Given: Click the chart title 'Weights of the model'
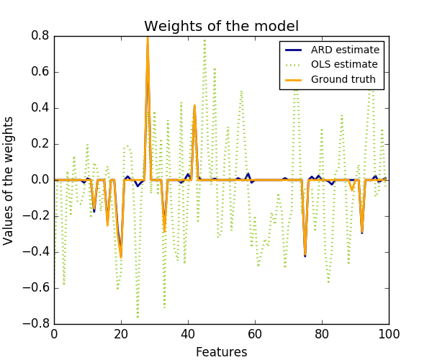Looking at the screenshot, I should (221, 27).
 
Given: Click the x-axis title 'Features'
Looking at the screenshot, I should (221, 352).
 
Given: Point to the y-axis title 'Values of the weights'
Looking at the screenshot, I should (9, 180).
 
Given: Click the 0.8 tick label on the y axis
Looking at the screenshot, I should (40, 36).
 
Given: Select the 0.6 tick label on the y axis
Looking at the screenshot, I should (40, 72).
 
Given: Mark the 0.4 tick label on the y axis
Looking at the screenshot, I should (40, 108).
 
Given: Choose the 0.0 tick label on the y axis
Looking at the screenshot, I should (40, 180).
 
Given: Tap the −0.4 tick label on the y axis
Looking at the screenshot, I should (37, 252).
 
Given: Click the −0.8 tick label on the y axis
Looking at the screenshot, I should (37, 324).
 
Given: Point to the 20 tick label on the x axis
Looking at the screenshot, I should (121, 334).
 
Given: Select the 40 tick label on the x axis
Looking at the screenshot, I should (188, 334).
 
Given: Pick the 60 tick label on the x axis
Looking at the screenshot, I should (255, 334).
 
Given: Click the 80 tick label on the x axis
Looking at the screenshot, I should (322, 334).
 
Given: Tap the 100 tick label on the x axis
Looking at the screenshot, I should (389, 334).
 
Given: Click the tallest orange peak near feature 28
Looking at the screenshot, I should (148, 37).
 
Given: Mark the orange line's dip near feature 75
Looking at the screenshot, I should (305, 253).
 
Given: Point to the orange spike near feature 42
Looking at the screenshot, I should (194, 107).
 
